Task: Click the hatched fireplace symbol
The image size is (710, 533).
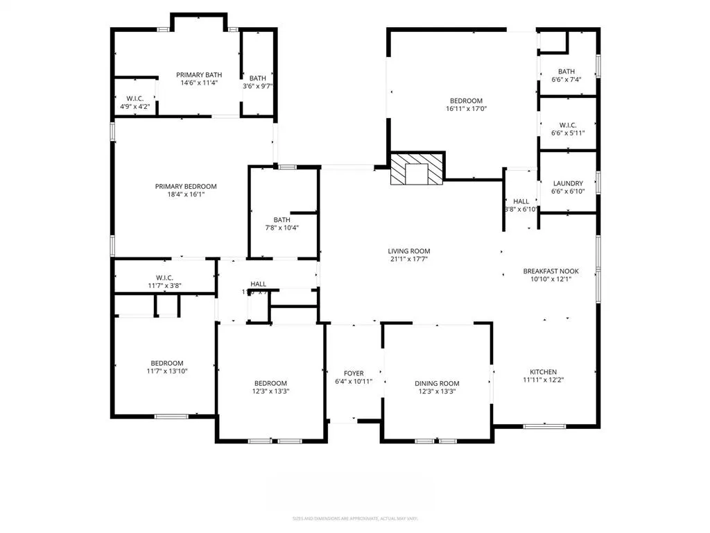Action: [x=416, y=169]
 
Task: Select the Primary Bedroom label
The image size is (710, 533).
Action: [x=186, y=186]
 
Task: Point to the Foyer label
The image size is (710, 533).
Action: [x=354, y=373]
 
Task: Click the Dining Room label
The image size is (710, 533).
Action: [x=437, y=384]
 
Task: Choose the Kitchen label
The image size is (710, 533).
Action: [x=544, y=372]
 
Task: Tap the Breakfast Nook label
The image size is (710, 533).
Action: [x=551, y=271]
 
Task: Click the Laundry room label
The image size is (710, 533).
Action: [x=567, y=184]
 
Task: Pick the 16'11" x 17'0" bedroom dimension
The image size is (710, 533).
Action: [x=465, y=108]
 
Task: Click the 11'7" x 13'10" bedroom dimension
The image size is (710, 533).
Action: [x=167, y=371]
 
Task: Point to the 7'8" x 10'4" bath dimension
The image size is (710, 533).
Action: [x=282, y=228]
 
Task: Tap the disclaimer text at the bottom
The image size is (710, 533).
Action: [x=354, y=518]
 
